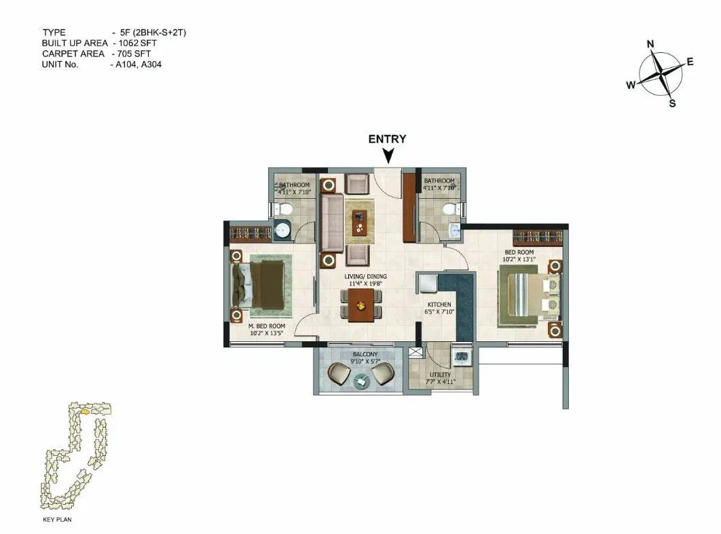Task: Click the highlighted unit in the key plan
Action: [85, 411]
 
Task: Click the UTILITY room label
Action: [439, 375]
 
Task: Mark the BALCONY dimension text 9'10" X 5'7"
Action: [360, 362]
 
